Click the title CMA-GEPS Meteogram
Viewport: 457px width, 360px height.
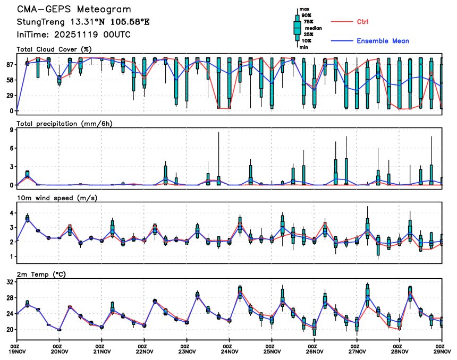(x=74, y=10)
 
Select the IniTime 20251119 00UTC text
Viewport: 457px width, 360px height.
(x=74, y=35)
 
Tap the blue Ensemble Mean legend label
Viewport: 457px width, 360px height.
(x=383, y=41)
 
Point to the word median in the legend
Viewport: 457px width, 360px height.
(x=313, y=28)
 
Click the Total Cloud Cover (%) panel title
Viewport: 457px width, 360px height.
(x=54, y=49)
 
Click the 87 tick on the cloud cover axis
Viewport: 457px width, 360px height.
(x=10, y=64)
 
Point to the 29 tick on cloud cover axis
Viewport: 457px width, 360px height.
(x=10, y=96)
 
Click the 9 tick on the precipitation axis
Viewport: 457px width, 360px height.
(x=12, y=130)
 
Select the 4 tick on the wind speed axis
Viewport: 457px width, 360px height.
(x=12, y=213)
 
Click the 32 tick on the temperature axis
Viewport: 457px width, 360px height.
(x=10, y=282)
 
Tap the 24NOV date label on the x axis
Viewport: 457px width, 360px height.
(x=230, y=351)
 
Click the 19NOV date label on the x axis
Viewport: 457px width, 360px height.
(x=17, y=351)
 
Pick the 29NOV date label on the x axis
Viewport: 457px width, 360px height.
(x=441, y=351)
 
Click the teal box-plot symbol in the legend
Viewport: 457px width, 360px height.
(x=297, y=28)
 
